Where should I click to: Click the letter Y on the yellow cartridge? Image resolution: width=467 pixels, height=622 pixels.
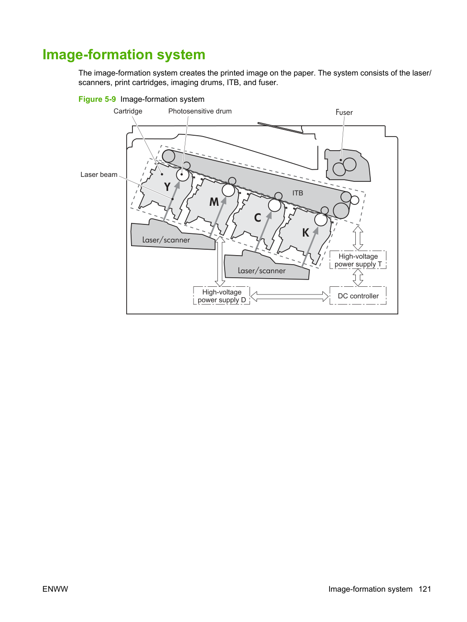click(167, 187)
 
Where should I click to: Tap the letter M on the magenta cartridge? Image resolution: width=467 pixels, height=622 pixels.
click(214, 202)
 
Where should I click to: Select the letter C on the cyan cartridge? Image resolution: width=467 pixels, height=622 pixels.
click(257, 218)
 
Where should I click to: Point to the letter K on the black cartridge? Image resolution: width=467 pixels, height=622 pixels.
click(306, 233)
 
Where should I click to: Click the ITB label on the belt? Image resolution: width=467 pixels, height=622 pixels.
click(297, 193)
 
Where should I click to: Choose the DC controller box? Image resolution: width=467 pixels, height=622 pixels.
click(358, 295)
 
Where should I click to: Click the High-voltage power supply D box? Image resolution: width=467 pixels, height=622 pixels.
click(222, 295)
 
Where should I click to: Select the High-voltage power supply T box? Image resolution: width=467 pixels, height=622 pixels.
click(358, 260)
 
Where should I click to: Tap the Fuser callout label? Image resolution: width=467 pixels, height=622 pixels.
click(344, 113)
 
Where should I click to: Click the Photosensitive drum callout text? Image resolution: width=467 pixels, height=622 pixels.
click(200, 111)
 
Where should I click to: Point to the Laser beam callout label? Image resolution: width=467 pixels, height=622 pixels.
click(99, 175)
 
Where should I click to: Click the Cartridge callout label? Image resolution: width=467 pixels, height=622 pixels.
click(128, 111)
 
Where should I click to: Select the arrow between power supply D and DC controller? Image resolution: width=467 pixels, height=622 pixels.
click(290, 296)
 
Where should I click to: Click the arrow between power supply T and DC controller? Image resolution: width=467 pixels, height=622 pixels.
click(358, 277)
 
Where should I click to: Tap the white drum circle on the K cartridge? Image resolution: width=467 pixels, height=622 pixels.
click(321, 220)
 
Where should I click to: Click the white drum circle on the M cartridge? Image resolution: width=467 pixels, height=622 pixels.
click(228, 190)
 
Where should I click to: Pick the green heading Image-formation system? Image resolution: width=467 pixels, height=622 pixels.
click(124, 54)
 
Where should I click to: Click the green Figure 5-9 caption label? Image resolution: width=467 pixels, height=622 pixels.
click(97, 99)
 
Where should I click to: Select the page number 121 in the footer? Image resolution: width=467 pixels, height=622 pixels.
click(425, 589)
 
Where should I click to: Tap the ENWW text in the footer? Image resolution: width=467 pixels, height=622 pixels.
click(55, 589)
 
